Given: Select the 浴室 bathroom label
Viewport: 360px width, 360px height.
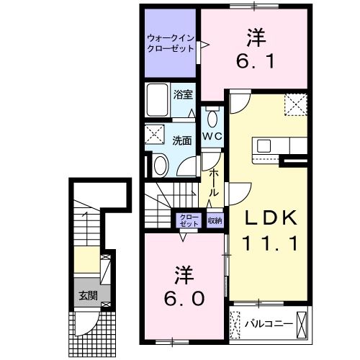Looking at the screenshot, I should pos(183,94).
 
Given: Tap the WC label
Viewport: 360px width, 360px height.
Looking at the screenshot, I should pos(211,137).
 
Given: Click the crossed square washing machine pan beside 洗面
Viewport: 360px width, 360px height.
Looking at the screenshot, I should pos(154,135).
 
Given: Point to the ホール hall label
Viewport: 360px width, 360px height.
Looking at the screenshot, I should pos(215,184).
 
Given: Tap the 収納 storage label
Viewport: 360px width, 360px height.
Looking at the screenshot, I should pos(215,220).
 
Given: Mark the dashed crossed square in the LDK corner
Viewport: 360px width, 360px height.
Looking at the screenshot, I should pos(295,106).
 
